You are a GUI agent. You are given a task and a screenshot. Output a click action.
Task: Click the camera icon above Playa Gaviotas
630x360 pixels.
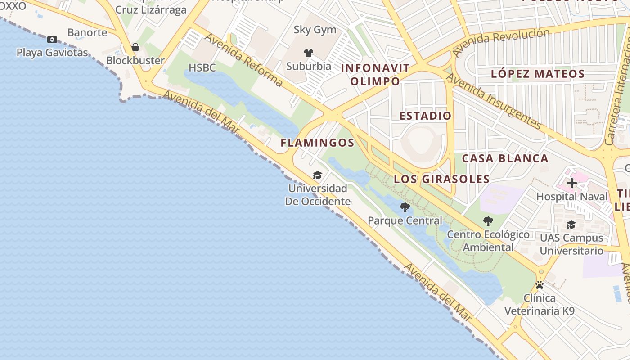[52, 40]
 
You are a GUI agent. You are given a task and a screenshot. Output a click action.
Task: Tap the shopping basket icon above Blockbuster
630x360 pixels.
[135, 47]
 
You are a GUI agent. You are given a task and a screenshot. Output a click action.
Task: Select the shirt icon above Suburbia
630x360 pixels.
[308, 53]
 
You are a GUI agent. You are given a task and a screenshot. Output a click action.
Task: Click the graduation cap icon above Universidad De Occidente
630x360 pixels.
[318, 175]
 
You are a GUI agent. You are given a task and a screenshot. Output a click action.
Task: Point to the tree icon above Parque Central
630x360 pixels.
[405, 207]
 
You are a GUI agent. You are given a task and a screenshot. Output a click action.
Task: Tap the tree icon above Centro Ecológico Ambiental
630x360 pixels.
[488, 221]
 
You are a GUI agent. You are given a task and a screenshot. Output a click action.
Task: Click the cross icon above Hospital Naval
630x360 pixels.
[572, 183]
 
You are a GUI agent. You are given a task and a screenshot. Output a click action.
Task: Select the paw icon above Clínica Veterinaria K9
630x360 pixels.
[540, 285]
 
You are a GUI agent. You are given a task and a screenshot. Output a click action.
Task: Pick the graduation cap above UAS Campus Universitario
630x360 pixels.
[571, 225]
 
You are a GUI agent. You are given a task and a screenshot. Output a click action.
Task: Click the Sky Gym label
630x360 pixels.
[315, 30]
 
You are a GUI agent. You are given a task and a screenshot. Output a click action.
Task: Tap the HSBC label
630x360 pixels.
[202, 68]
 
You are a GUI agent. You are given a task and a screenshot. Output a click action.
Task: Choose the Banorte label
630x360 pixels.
[87, 32]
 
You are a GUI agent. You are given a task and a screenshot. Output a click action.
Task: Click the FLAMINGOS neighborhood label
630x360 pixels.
[318, 143]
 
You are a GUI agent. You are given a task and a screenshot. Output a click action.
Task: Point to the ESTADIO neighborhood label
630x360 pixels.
[425, 116]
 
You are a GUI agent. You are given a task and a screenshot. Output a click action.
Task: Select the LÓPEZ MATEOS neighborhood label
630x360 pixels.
[538, 74]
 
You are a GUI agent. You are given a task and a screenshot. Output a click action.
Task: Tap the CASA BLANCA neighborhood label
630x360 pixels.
[505, 158]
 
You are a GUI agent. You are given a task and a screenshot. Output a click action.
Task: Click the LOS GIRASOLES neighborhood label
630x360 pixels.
[442, 179]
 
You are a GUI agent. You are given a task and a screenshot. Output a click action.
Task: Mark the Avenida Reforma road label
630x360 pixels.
[244, 62]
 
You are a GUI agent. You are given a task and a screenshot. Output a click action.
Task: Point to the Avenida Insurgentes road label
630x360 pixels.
[493, 102]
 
